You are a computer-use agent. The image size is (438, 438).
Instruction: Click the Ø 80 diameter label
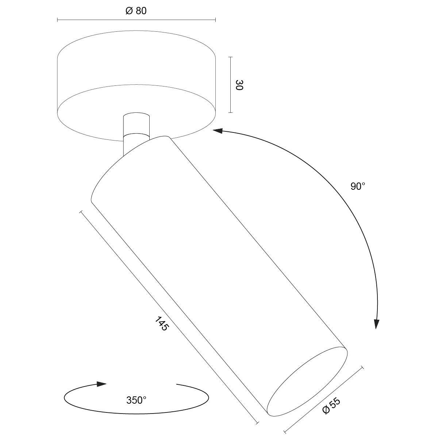136,11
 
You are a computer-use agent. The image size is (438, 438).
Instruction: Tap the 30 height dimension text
239,85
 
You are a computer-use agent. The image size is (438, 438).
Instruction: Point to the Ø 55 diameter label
331,406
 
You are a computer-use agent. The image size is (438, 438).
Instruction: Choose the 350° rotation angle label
136,400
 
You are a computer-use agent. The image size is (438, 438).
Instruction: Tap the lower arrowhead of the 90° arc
377,324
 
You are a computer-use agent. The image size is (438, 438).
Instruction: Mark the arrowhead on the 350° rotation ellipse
101,384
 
